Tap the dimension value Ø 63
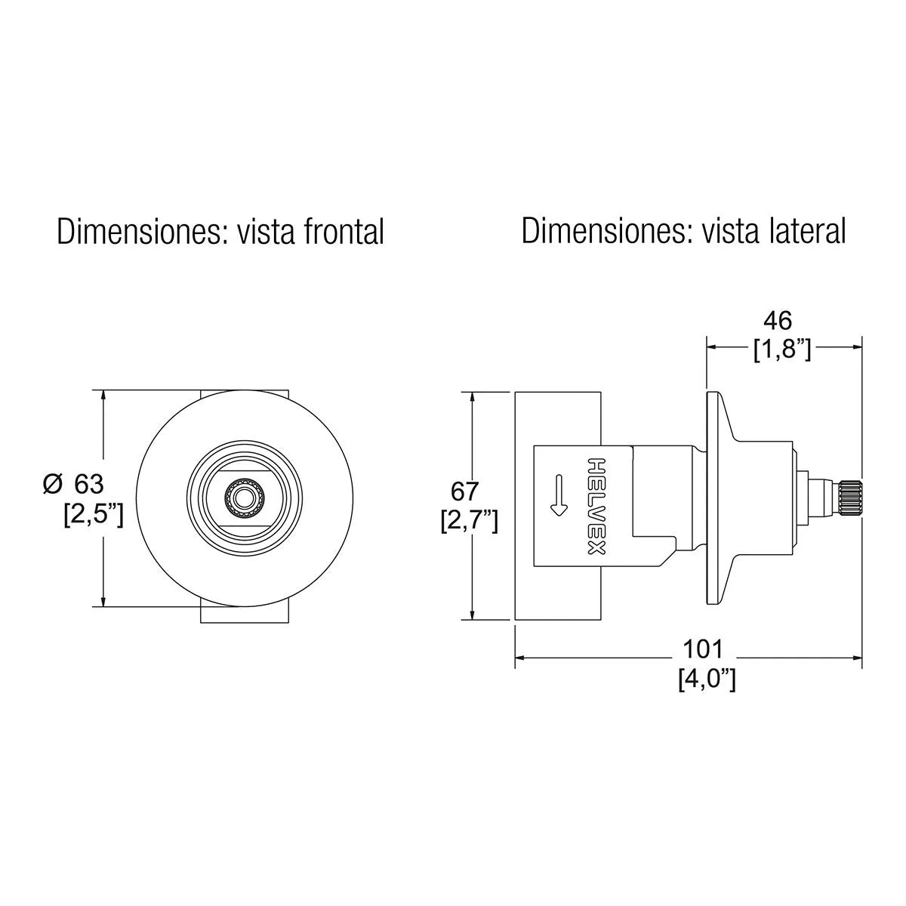point(73,484)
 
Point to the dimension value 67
point(464,492)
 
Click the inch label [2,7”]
point(469,521)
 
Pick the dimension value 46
point(778,321)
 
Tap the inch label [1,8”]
point(782,350)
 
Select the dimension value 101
point(703,648)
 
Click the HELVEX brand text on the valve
point(596,505)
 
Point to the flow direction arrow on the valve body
point(558,495)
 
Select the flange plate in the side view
point(713,498)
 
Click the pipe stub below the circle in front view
point(245,614)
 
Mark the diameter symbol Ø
point(52,484)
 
